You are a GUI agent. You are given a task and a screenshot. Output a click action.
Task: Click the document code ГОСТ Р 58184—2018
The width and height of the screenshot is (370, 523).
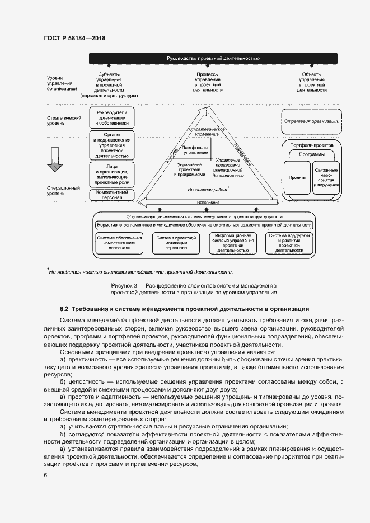(74, 38)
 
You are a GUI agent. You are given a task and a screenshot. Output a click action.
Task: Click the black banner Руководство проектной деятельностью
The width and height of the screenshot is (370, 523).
(213, 58)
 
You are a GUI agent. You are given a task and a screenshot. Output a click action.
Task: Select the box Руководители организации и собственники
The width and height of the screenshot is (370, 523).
(113, 119)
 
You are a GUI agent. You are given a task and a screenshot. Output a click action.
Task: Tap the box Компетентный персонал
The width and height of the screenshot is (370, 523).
(113, 195)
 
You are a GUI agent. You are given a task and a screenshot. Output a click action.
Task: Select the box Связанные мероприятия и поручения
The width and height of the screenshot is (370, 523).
(326, 177)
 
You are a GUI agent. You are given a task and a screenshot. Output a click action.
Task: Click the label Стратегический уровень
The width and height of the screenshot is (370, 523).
(57, 121)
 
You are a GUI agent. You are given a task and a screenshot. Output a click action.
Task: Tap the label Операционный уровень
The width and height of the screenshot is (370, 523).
(57, 192)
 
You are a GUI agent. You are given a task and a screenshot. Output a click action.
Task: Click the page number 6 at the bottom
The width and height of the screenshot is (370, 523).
(44, 475)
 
